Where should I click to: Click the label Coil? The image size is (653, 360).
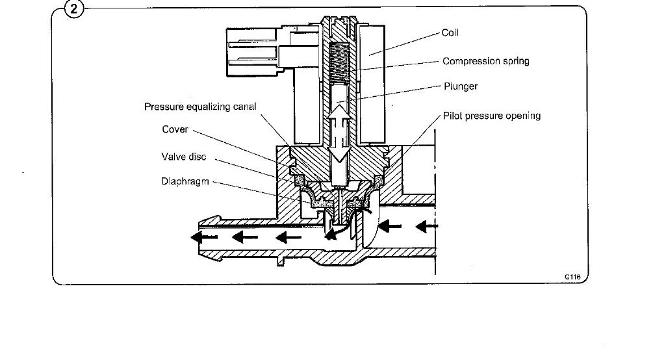[450, 33]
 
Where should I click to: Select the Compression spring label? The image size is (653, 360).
[485, 61]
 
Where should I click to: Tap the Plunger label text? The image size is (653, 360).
[461, 86]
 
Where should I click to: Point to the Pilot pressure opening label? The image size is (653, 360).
[492, 116]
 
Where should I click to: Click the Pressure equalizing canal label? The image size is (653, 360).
[200, 107]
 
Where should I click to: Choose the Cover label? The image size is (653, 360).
[175, 129]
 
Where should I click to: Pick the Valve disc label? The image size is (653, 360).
[184, 157]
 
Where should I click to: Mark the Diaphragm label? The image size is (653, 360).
[185, 182]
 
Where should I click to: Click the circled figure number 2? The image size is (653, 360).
[74, 8]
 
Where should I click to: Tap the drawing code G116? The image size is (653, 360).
[572, 277]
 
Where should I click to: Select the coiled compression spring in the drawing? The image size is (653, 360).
[339, 62]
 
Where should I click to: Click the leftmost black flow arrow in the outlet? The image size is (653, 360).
[203, 237]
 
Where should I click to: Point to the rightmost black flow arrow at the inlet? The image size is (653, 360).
[426, 227]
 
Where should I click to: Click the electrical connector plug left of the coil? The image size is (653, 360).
[253, 52]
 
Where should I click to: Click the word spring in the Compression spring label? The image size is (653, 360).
[516, 62]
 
